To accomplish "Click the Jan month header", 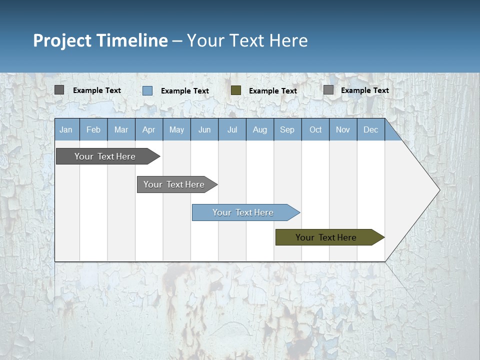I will click(66, 130).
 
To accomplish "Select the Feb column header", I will click(93, 130).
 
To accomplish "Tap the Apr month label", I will click(148, 130).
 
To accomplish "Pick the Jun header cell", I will click(204, 130).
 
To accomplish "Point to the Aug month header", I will click(259, 130).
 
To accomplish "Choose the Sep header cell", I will click(287, 130).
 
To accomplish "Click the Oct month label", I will click(315, 130).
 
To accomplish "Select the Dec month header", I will click(370, 130).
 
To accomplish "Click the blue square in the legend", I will click(147, 90).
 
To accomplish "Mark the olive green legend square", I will click(236, 90).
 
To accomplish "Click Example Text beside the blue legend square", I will click(185, 91).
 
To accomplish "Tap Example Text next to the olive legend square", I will click(273, 91).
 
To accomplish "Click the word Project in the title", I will click(62, 40).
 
